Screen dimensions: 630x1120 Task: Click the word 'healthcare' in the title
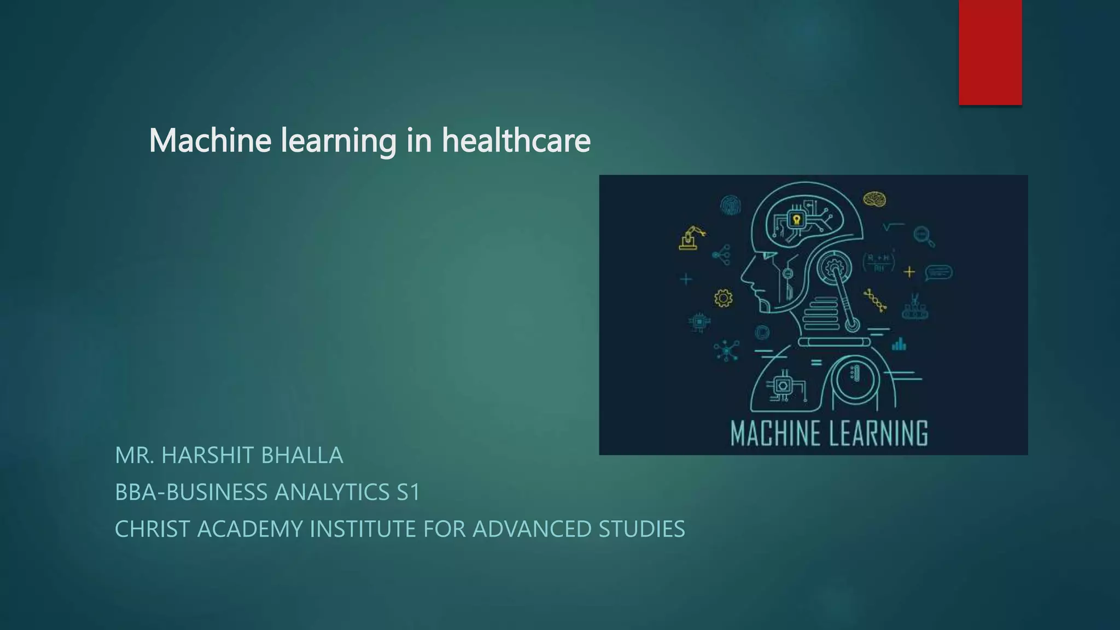click(x=516, y=141)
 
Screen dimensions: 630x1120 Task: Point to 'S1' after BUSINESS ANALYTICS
click(x=408, y=492)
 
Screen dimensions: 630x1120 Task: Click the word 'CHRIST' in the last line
click(x=152, y=529)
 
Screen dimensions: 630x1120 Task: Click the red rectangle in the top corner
click(x=990, y=52)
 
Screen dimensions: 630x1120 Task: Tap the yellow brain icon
click(x=874, y=199)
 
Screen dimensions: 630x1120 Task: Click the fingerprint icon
click(x=730, y=206)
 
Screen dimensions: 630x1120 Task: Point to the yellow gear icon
click(x=723, y=298)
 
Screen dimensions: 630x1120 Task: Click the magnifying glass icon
click(x=924, y=236)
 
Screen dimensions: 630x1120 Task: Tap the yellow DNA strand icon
click(x=875, y=301)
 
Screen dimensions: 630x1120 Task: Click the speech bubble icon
click(x=938, y=272)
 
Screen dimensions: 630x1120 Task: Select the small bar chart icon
click(x=899, y=344)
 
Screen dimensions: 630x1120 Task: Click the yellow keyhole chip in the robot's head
click(x=796, y=220)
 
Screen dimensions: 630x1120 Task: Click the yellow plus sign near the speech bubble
click(x=909, y=271)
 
